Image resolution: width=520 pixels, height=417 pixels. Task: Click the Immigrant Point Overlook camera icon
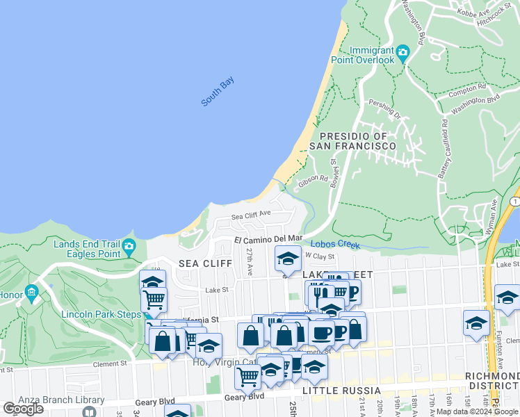403,53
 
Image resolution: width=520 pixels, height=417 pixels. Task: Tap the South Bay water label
218,92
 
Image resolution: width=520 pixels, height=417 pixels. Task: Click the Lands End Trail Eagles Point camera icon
129,247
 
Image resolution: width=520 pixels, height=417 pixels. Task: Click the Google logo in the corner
23,409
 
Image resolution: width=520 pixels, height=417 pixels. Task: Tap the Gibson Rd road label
313,181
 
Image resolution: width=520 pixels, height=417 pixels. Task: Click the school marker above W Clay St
287,259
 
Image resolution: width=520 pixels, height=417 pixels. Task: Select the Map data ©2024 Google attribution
477,411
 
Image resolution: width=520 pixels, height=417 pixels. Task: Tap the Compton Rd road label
468,90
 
